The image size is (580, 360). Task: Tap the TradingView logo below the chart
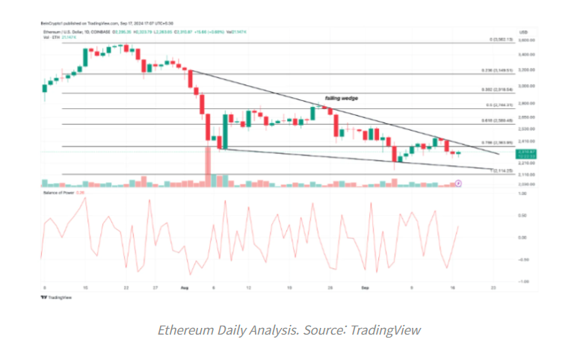click(x=52, y=297)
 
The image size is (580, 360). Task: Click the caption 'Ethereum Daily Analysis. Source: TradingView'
click(x=289, y=329)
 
